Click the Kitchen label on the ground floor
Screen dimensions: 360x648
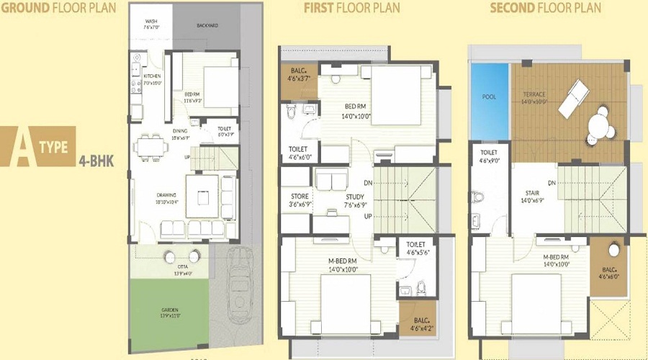coord(152,76)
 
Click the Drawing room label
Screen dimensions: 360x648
coord(168,195)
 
